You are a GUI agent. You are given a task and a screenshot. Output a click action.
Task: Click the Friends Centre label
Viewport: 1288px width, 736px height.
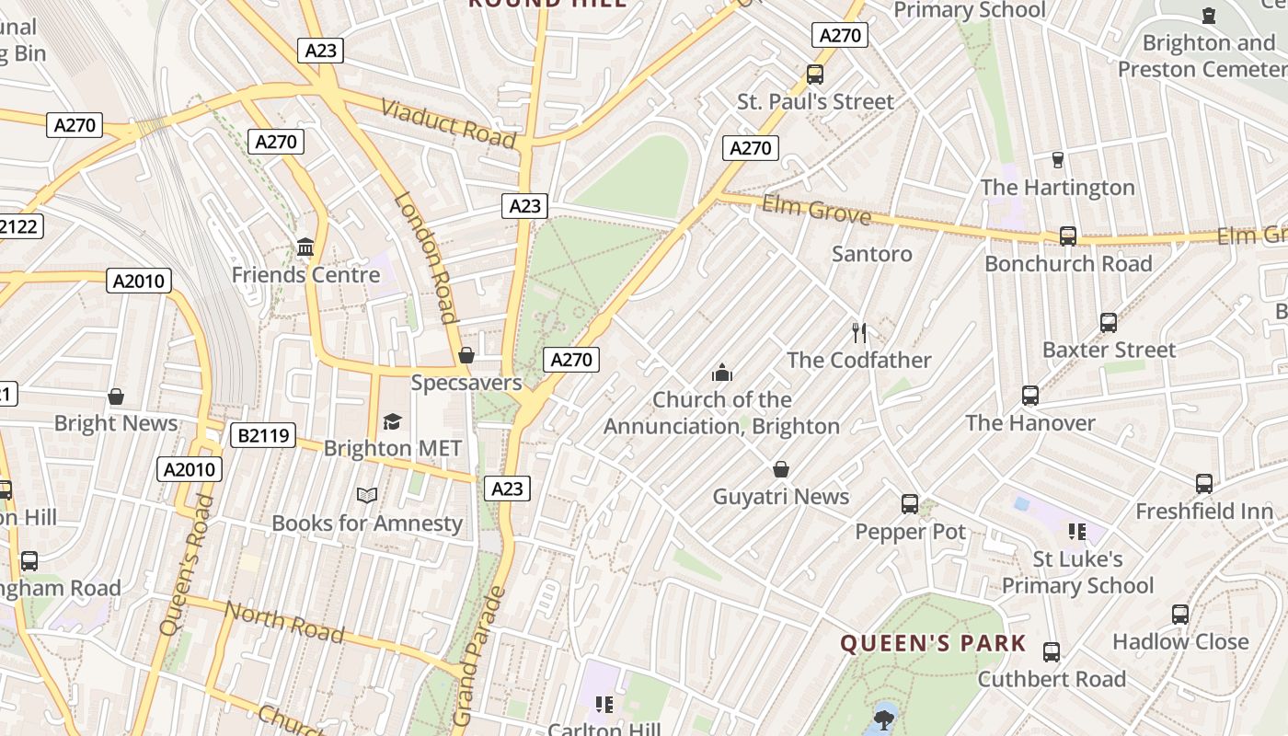[305, 275]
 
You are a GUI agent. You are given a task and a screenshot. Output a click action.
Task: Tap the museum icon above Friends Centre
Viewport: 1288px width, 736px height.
[305, 247]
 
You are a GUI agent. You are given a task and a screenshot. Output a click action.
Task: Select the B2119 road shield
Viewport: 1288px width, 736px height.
[262, 435]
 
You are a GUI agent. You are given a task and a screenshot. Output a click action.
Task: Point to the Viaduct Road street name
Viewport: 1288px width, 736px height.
[448, 123]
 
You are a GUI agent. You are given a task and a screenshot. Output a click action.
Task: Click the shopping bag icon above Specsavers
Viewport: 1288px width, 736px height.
[466, 355]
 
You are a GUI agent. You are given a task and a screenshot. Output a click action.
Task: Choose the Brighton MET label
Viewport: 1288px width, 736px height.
[393, 448]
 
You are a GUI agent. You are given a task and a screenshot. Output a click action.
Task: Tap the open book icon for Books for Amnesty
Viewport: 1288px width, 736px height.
[367, 495]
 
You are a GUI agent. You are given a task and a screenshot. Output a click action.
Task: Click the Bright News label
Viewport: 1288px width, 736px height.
[116, 423]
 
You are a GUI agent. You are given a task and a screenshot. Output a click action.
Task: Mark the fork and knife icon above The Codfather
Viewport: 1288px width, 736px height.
[859, 332]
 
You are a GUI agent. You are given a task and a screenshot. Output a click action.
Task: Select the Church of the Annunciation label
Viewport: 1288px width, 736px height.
[722, 413]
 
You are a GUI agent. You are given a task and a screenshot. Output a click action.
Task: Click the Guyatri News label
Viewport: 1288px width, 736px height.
[781, 497]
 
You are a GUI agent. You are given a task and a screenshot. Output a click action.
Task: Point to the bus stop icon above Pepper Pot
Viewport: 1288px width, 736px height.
[910, 503]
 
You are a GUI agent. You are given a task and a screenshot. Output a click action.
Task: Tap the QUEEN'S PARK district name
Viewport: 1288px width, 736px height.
[933, 643]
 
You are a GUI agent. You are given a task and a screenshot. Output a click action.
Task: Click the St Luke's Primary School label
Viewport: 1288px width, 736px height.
[1077, 572]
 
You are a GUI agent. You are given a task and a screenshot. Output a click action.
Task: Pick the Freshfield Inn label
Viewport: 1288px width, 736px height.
[1204, 512]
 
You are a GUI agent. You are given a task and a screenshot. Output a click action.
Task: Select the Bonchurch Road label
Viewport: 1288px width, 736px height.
[1068, 264]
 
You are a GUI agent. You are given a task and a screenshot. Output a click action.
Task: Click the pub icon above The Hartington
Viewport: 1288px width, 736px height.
[1057, 159]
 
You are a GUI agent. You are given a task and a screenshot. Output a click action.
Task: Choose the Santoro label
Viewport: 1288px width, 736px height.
[872, 254]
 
